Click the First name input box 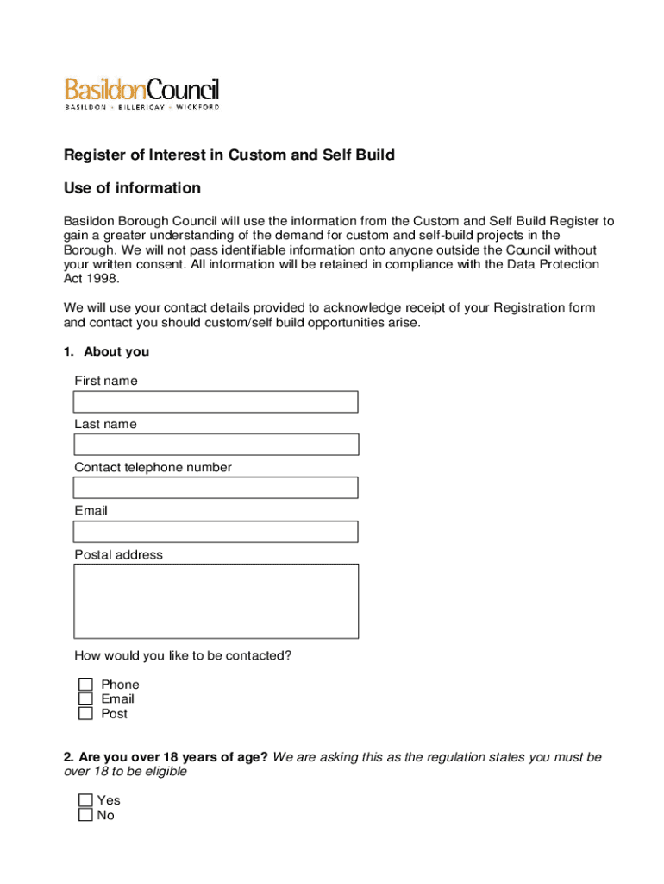[216, 402]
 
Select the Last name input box [216, 445]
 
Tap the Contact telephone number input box [216, 488]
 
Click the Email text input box [216, 531]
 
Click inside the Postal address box [216, 601]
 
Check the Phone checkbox [85, 685]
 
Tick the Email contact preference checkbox [85, 699]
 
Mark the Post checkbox [85, 714]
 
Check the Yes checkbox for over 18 [85, 800]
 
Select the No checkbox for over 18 [85, 815]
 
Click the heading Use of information [132, 188]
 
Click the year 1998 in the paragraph [107, 279]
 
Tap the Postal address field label [118, 555]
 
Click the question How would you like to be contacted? [183, 656]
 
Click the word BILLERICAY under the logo [141, 107]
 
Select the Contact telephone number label [153, 468]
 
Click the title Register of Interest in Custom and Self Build [229, 155]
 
